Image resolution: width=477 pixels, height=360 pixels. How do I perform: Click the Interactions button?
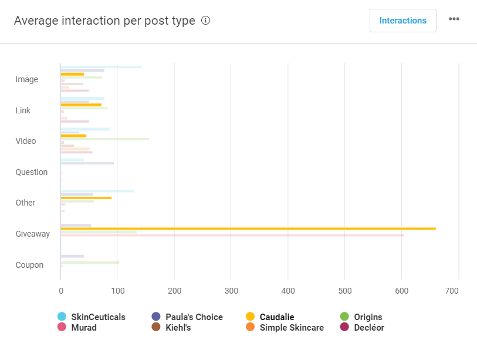click(x=402, y=21)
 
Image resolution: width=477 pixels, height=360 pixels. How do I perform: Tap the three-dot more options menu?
click(x=454, y=19)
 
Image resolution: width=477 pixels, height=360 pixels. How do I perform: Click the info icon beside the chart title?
click(x=205, y=21)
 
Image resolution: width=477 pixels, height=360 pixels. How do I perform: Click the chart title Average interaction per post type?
click(x=104, y=21)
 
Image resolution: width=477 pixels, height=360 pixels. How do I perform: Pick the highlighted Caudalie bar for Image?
click(x=72, y=74)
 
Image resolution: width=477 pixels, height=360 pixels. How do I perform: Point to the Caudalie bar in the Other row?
click(x=86, y=197)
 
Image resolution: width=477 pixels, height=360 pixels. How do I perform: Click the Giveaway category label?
click(x=32, y=234)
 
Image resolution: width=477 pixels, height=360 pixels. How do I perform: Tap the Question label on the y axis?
click(x=31, y=172)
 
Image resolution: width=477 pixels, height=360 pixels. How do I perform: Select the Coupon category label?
click(x=29, y=265)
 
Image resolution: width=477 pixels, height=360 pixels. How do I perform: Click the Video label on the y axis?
click(x=26, y=141)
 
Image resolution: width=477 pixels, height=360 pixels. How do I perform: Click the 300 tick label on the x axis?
click(x=231, y=291)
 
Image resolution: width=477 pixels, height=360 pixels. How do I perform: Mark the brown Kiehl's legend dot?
click(x=156, y=327)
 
